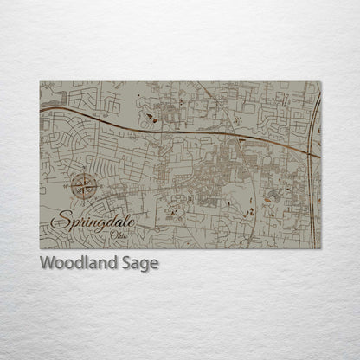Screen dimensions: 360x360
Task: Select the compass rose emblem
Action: pos(84,184)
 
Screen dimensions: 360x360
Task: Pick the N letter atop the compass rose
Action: pos(84,173)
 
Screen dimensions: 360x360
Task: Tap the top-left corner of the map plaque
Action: pos(40,82)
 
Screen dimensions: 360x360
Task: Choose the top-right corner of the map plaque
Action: pos(320,82)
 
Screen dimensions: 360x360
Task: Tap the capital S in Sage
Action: pos(123,264)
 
